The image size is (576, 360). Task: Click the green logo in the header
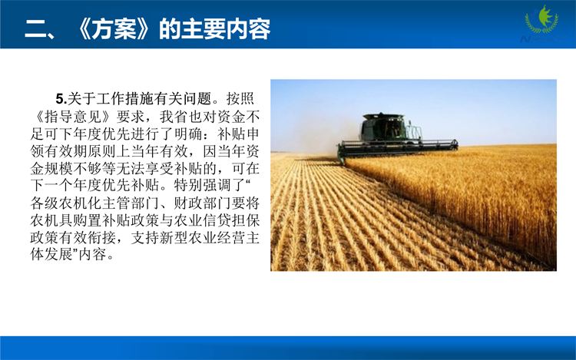542,21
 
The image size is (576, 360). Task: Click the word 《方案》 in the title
112,29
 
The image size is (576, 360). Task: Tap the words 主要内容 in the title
226,29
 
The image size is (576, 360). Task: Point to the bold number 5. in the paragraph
61,99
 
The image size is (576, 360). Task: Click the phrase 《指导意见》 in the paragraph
73,117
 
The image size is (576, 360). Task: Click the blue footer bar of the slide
288,348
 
